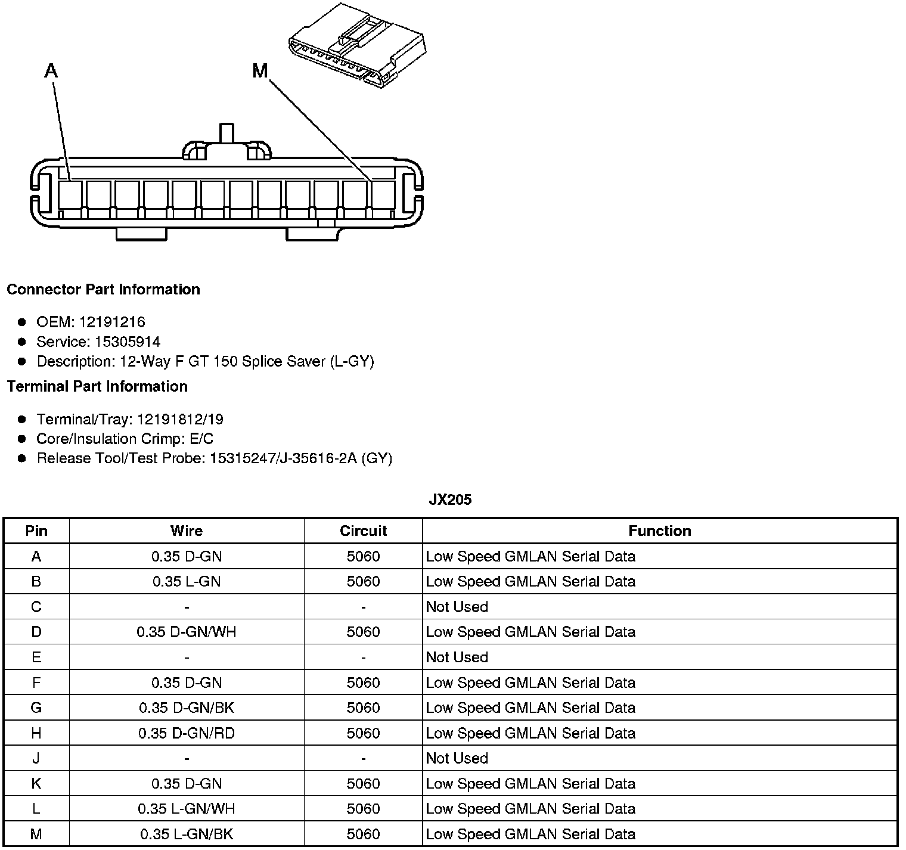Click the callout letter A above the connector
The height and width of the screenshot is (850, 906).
pyautogui.click(x=51, y=72)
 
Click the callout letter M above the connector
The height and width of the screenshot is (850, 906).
pyautogui.click(x=260, y=72)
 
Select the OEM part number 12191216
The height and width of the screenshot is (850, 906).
pyautogui.click(x=112, y=322)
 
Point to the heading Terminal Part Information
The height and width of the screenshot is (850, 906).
pyautogui.click(x=97, y=386)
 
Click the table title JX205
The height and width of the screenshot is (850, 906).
pyautogui.click(x=450, y=500)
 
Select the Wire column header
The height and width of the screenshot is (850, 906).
pyautogui.click(x=187, y=531)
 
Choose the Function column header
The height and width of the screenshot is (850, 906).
pyautogui.click(x=659, y=531)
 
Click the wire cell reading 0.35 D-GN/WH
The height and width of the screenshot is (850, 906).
pyautogui.click(x=187, y=632)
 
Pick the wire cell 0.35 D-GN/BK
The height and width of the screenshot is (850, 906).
pyautogui.click(x=187, y=708)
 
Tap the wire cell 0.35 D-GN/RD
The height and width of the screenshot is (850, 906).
pyautogui.click(x=187, y=733)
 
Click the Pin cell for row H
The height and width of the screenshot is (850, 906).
pyautogui.click(x=36, y=733)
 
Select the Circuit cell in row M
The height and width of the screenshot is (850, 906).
pyautogui.click(x=363, y=834)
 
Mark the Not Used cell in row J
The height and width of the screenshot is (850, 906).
pyautogui.click(x=457, y=758)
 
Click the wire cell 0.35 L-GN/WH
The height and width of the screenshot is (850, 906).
pyautogui.click(x=187, y=809)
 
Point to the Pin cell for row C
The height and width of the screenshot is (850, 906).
pyautogui.click(x=36, y=607)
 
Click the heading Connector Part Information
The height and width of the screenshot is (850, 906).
pyautogui.click(x=103, y=289)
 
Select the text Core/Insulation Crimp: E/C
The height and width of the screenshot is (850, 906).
pyautogui.click(x=125, y=439)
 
